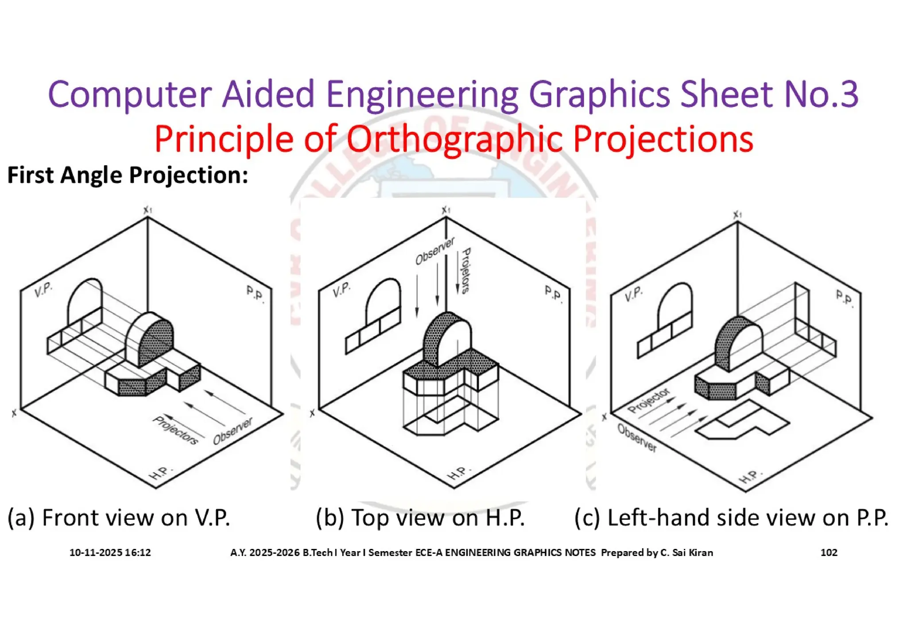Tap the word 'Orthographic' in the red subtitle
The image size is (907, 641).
[x=454, y=139]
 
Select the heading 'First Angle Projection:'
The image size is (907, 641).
[x=128, y=175]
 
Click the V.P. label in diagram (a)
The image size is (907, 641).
[x=43, y=290]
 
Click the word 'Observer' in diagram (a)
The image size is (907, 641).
[x=233, y=431]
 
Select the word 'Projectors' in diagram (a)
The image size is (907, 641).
[x=175, y=430]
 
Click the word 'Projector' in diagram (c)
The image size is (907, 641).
[x=649, y=400]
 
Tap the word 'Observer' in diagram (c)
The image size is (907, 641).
[x=637, y=438]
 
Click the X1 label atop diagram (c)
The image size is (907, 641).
[x=737, y=215]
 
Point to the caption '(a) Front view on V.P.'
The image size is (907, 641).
[x=119, y=517]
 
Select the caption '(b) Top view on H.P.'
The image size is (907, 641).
[x=420, y=517]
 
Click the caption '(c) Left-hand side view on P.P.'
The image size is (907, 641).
[x=731, y=517]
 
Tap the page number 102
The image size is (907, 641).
[x=829, y=552]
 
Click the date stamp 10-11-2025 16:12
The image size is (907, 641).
[x=110, y=552]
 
